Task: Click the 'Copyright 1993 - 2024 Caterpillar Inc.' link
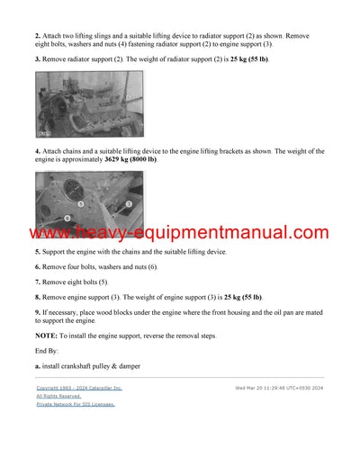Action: [x=79, y=388]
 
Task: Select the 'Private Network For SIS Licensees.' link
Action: [x=76, y=404]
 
